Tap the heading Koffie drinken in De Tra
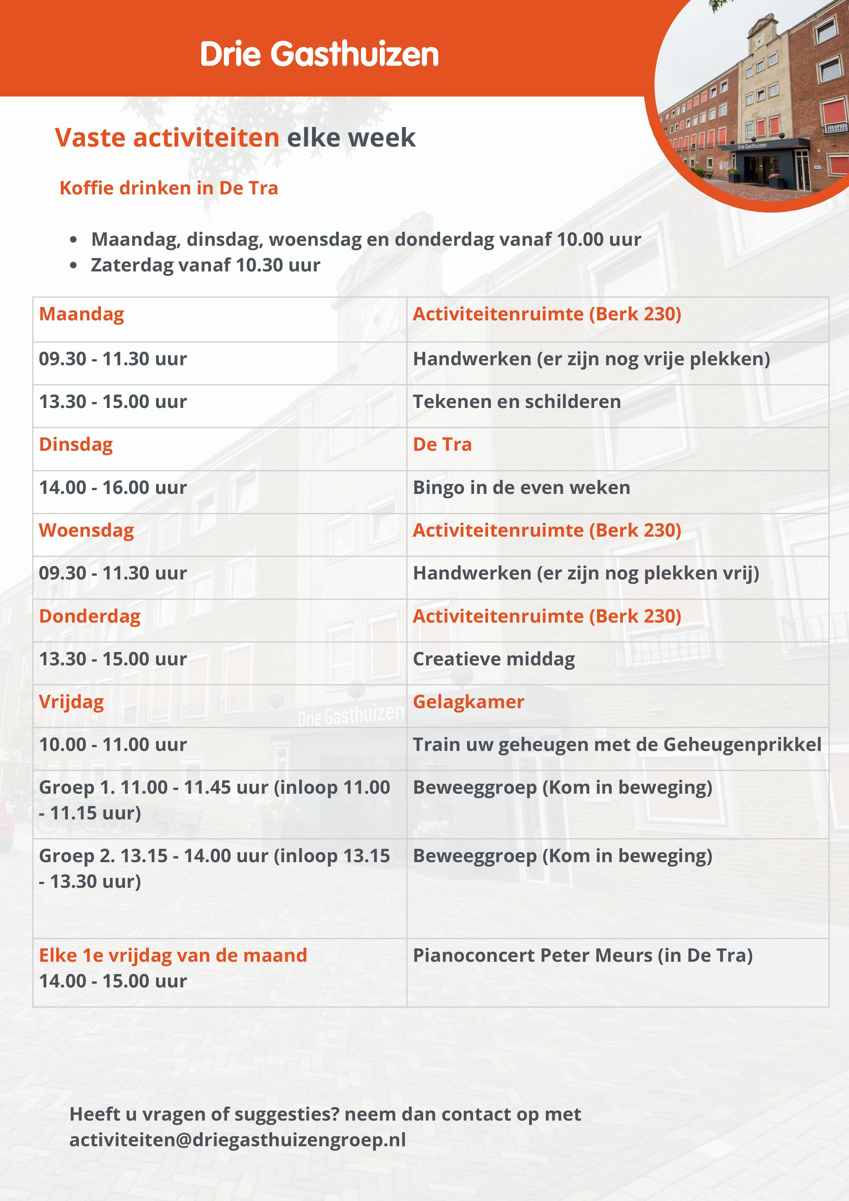point(168,188)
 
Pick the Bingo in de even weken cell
point(521,487)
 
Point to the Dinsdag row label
point(76,444)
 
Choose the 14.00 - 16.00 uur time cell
point(113,487)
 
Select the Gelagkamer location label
point(468,701)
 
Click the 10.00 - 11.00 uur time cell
point(113,744)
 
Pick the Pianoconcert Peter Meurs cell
point(582,955)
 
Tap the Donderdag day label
point(89,616)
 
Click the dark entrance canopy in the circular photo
point(766,144)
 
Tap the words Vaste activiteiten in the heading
point(167,138)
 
